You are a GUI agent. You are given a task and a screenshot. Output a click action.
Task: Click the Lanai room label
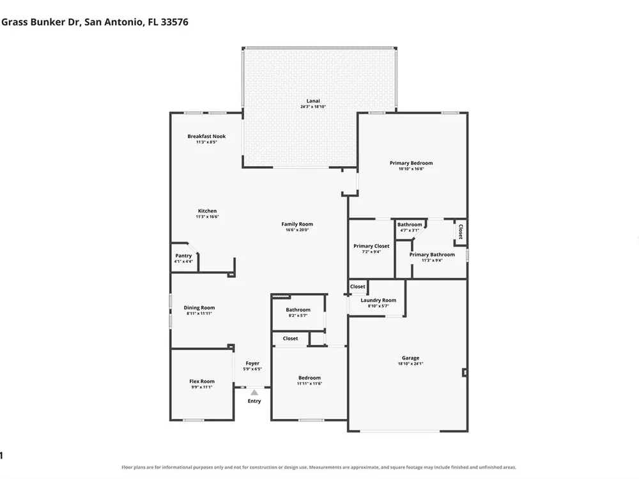coord(313,101)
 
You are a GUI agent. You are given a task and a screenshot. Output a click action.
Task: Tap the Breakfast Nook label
coord(206,137)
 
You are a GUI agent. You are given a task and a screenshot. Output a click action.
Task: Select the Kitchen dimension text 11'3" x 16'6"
coord(207,217)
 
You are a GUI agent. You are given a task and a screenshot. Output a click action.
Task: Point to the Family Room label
coord(297,224)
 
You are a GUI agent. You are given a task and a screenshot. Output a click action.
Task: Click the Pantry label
coord(183,256)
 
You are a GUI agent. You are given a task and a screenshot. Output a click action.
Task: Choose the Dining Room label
coord(199,308)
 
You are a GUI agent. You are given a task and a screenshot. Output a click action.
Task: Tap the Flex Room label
coord(202,382)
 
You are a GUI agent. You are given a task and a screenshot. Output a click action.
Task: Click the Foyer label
coord(252,363)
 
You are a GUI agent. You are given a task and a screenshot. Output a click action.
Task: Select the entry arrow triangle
coord(254,393)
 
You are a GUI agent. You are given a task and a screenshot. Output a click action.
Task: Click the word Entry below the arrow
coord(254,401)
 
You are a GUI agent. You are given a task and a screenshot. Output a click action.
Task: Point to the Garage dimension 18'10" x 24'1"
coord(410,364)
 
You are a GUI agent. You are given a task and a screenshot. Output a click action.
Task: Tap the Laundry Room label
coord(378,300)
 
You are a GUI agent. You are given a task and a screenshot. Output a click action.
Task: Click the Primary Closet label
coord(371,246)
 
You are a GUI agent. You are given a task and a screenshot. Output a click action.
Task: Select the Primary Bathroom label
coord(432,255)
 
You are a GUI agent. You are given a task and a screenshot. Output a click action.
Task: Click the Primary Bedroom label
coord(411,163)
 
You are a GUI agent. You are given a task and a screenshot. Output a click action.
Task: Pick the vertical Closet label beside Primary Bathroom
coord(461,232)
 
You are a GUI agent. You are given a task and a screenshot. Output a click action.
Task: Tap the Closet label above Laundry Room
coord(358,287)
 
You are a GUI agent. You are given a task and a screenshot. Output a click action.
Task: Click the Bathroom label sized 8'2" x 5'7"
coord(298,310)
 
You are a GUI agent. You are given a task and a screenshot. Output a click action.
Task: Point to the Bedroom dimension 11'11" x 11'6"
coord(309,384)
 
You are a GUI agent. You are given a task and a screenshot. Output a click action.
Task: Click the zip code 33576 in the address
coord(174,22)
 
